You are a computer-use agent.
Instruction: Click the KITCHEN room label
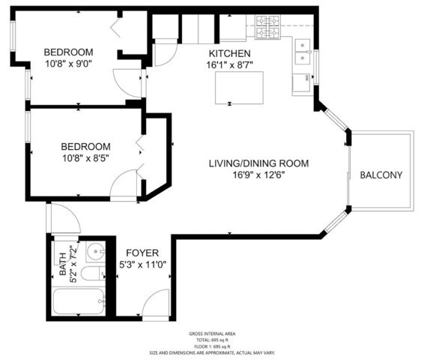(x=228, y=53)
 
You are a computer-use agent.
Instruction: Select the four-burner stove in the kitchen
(x=268, y=29)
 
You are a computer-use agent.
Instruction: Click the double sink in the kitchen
(x=303, y=52)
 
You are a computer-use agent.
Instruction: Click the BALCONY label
(x=381, y=175)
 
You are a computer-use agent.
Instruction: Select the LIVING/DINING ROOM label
(x=258, y=163)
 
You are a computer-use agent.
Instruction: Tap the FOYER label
(x=141, y=253)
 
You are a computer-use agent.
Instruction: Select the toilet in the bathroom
(x=91, y=274)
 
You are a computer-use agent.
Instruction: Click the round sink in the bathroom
(x=95, y=251)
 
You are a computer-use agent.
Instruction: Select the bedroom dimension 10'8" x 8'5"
(x=85, y=158)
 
